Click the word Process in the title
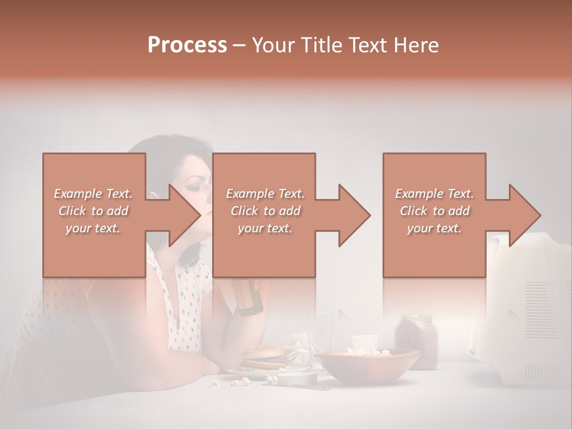[x=187, y=45]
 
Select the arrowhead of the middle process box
[x=354, y=215]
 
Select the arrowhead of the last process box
[x=524, y=215]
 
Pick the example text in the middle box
[x=265, y=211]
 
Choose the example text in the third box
[x=434, y=211]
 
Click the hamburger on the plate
[x=263, y=357]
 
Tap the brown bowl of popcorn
[x=366, y=364]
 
